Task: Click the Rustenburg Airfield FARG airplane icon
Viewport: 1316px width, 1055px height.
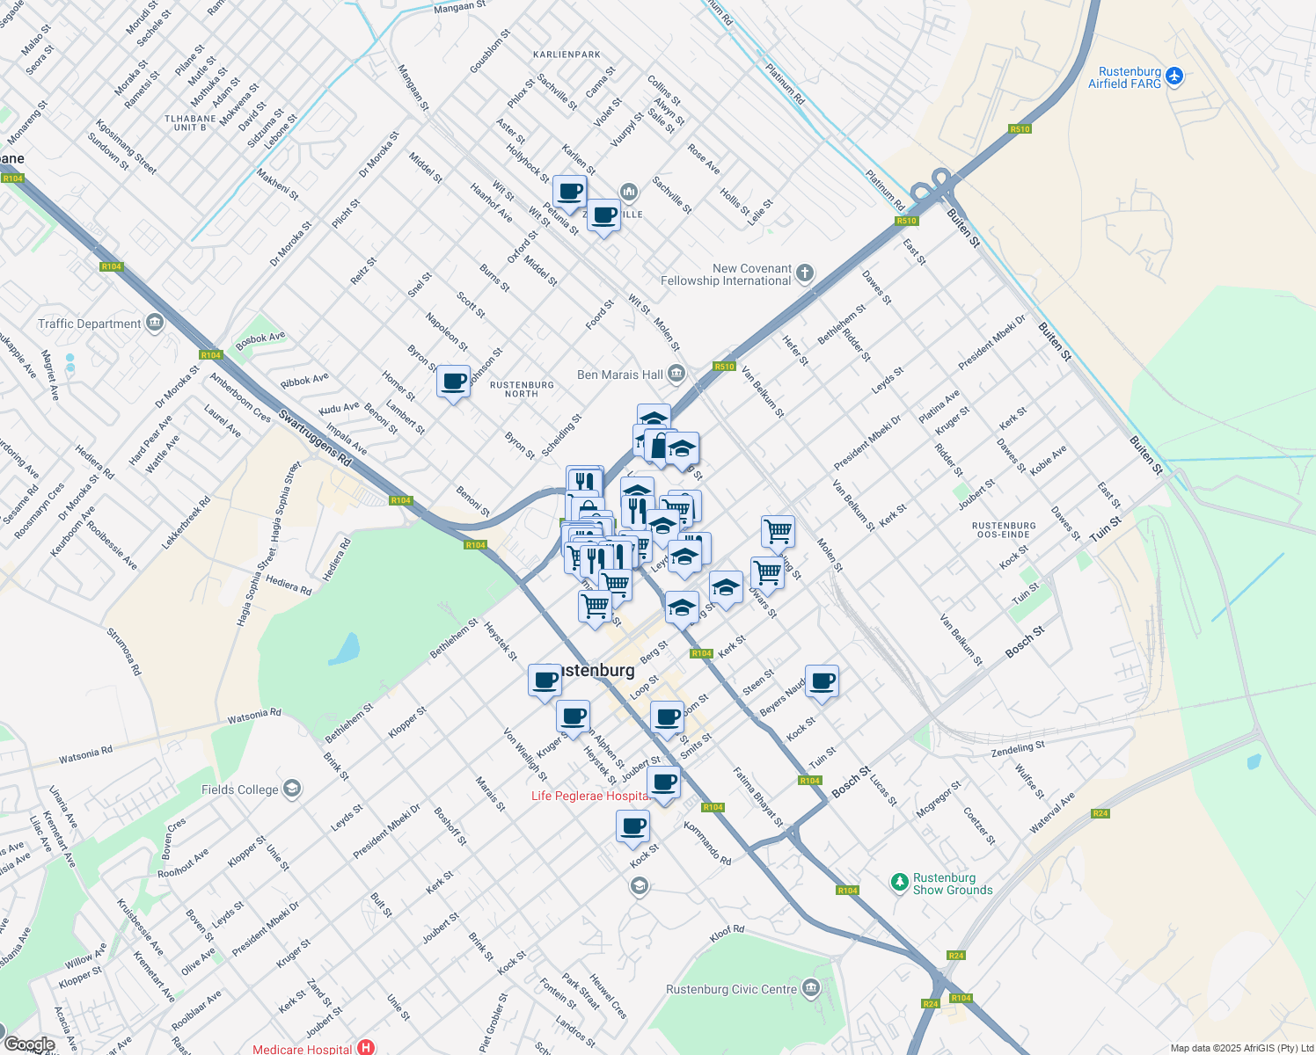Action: [x=1174, y=77]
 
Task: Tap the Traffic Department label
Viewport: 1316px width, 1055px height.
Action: [x=89, y=324]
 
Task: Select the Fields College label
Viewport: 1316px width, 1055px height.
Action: [x=239, y=789]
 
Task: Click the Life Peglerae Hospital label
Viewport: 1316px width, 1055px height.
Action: [x=589, y=796]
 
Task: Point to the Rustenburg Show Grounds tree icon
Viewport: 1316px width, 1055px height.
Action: [x=899, y=882]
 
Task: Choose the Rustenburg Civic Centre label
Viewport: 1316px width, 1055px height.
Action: [x=731, y=989]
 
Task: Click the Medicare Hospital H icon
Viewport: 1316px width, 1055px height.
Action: [x=366, y=1048]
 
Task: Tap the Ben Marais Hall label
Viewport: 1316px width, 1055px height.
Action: [x=620, y=375]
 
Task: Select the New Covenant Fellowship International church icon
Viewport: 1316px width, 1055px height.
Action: [x=804, y=273]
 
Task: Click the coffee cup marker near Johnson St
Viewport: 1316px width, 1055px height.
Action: [x=453, y=382]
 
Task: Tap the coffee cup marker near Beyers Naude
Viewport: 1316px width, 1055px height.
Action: [x=822, y=681]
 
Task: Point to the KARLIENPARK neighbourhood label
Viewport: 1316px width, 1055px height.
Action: [x=567, y=55]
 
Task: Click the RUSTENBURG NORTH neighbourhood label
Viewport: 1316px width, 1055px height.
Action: [x=522, y=389]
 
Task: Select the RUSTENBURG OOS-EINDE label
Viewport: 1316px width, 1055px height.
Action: [x=1004, y=529]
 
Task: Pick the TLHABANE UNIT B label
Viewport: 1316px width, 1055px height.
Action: [x=190, y=123]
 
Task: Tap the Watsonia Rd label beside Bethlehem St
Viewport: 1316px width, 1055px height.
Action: [x=254, y=716]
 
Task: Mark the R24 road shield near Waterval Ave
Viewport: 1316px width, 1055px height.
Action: [x=1100, y=813]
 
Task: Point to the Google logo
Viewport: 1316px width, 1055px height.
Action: [x=29, y=1044]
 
